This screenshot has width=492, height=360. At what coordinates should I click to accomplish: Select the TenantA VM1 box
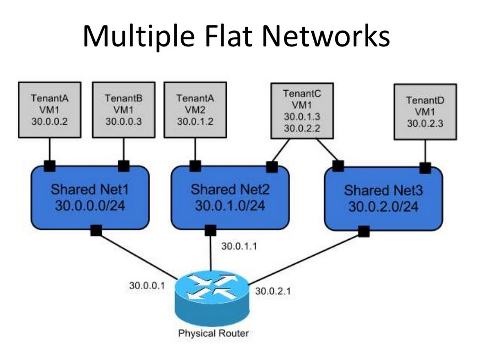(x=49, y=110)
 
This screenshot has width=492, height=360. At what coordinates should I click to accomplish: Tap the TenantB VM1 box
(x=124, y=110)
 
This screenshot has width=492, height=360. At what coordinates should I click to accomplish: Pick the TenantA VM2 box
(x=195, y=110)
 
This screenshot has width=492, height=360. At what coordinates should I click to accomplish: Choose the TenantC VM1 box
(x=302, y=111)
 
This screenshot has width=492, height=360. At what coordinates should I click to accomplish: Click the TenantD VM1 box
(x=425, y=112)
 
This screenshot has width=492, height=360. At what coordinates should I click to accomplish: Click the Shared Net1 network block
(x=90, y=197)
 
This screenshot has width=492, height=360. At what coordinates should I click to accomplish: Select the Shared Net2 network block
(x=230, y=197)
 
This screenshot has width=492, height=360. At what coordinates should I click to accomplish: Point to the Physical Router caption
(x=213, y=333)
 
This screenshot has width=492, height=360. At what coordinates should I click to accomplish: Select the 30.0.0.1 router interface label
(x=147, y=285)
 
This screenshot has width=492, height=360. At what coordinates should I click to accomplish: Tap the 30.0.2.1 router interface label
(x=273, y=291)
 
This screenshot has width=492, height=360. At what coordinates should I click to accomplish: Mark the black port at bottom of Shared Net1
(x=96, y=230)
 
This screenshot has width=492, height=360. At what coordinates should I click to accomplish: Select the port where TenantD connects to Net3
(x=425, y=168)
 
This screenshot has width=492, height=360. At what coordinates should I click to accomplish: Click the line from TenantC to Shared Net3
(x=327, y=150)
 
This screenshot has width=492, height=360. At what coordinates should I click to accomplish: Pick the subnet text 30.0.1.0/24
(x=230, y=205)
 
